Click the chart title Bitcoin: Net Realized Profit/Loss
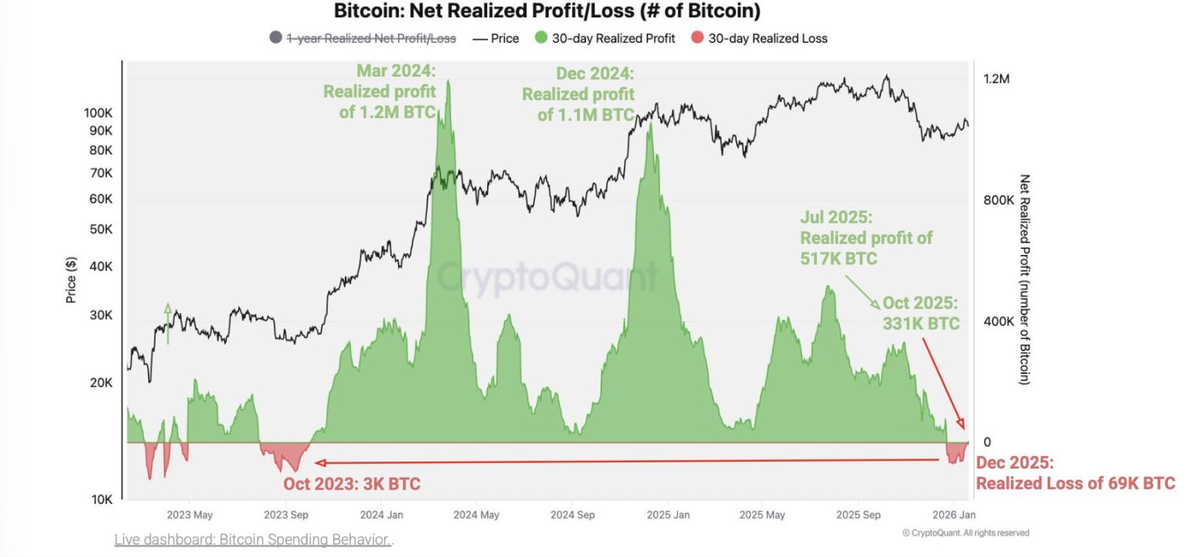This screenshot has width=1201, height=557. tap(547, 12)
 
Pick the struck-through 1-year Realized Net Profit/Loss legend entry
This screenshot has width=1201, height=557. tap(371, 38)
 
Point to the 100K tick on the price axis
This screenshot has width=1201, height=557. tap(99, 113)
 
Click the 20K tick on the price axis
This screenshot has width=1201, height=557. tap(101, 383)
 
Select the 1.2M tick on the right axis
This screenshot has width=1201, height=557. tap(996, 79)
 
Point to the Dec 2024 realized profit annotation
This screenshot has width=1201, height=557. tap(579, 94)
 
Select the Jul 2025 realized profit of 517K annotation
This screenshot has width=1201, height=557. tap(866, 238)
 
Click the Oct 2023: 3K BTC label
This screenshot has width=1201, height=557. tap(352, 484)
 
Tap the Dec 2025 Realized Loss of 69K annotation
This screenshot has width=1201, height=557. tap(1075, 473)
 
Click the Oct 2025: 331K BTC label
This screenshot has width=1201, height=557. tap(920, 313)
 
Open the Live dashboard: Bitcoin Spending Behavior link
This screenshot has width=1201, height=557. tap(253, 540)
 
